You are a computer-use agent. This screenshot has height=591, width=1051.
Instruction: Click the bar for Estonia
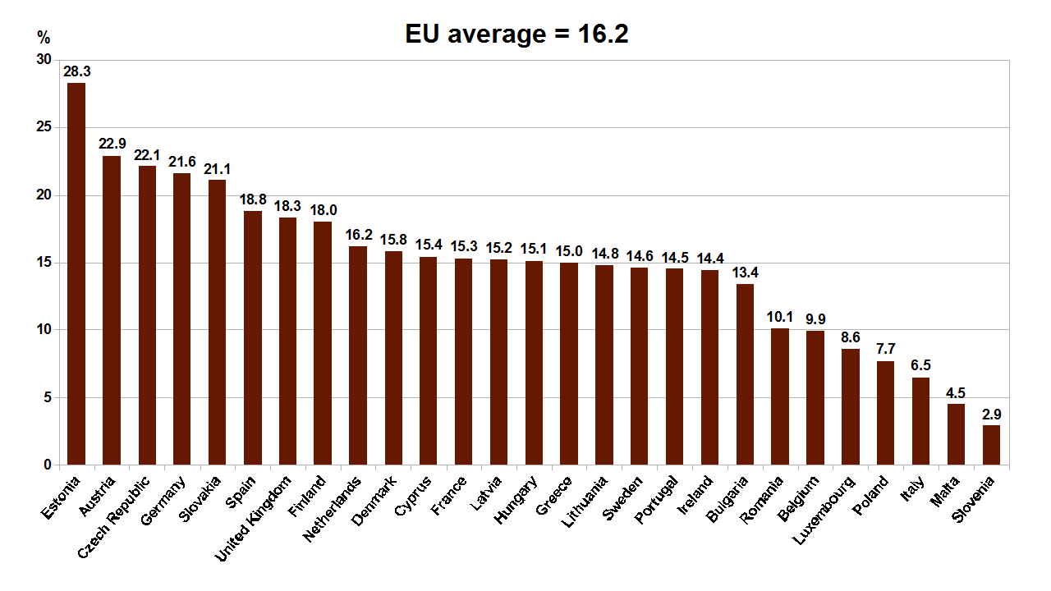pos(76,274)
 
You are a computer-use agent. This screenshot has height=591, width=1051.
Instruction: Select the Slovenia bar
pos(991,445)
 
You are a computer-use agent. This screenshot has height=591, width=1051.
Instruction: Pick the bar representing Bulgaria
pos(745,374)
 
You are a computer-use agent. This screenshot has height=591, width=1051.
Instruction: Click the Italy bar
pos(921,421)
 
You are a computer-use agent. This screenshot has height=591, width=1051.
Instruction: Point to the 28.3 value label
pos(76,71)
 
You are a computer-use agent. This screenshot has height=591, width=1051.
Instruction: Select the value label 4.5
pos(956,392)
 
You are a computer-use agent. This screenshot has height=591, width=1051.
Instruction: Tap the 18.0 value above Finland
pos(323,210)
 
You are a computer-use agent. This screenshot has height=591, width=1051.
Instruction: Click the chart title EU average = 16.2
pos(517,34)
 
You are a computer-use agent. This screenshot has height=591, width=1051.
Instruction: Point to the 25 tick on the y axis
pos(43,127)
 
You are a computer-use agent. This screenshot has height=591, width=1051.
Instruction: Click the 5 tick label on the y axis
pos(46,397)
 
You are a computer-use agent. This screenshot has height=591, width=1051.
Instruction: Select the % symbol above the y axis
pos(44,37)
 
